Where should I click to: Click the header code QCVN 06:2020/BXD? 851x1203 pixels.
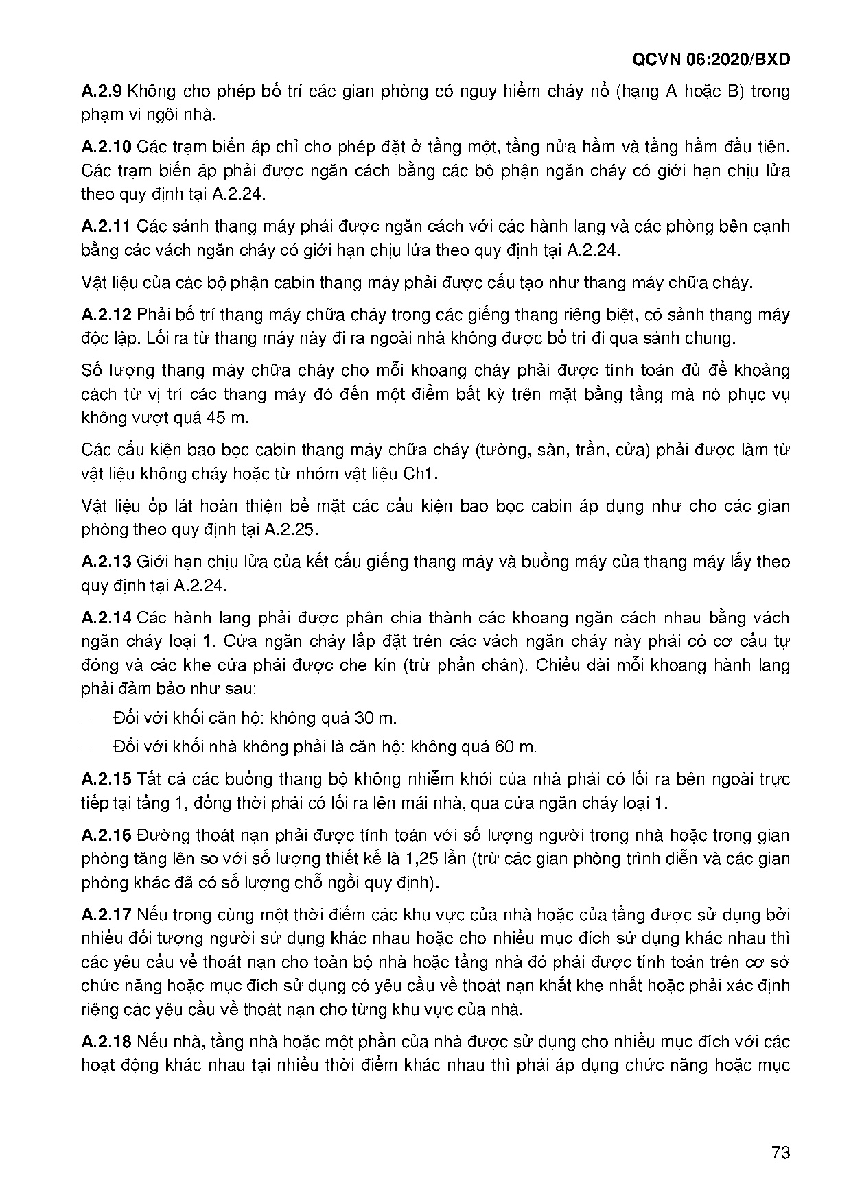[x=710, y=60]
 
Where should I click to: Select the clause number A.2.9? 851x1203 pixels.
[x=102, y=91]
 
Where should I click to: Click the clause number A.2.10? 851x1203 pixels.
[x=106, y=147]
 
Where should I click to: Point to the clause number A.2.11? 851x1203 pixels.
[x=106, y=226]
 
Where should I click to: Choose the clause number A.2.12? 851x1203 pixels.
[x=106, y=315]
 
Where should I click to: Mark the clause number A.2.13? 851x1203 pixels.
[x=106, y=562]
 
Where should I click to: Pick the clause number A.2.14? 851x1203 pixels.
[x=106, y=618]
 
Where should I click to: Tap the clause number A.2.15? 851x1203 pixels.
[x=106, y=779]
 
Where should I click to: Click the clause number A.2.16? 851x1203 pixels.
[x=106, y=835]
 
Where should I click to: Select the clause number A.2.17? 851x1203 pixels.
[x=106, y=915]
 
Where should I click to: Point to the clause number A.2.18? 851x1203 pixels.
[x=106, y=1042]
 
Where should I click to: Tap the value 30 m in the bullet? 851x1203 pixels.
[x=375, y=718]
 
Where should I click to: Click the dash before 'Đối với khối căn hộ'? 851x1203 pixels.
[x=86, y=718]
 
